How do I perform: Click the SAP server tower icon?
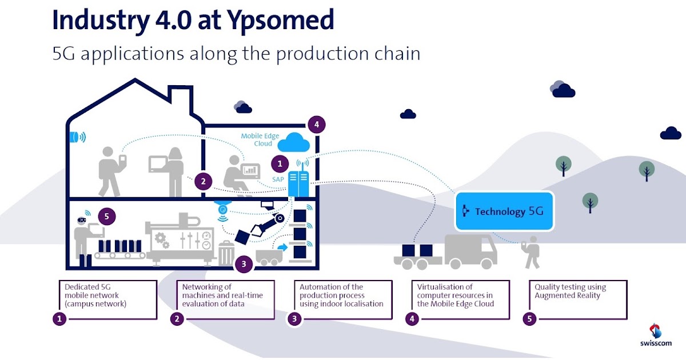click(x=298, y=183)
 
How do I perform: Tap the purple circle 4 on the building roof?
click(x=316, y=124)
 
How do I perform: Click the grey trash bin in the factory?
click(x=227, y=253)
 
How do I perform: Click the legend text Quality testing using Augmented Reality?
click(x=570, y=291)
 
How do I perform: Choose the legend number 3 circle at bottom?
click(x=294, y=319)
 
